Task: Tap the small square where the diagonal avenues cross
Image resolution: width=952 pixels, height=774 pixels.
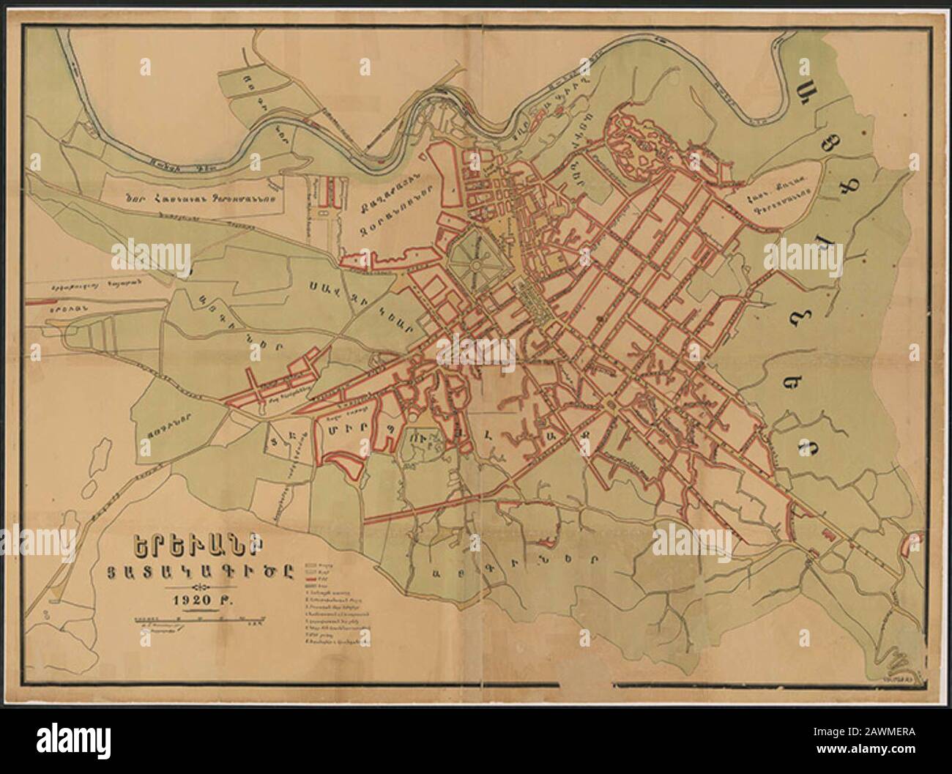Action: click(x=609, y=404)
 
